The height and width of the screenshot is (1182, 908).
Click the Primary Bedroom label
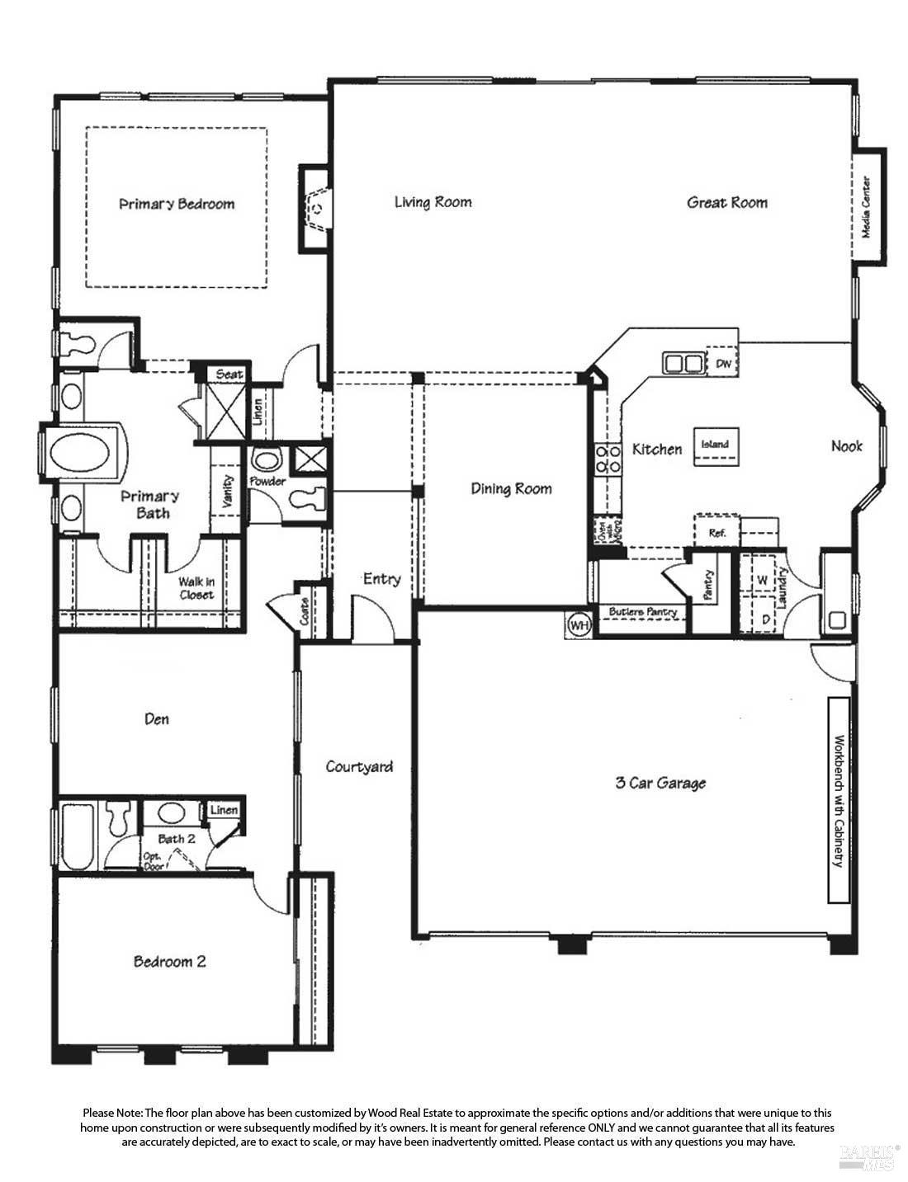pyautogui.click(x=177, y=204)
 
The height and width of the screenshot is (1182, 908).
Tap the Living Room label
pyautogui.click(x=433, y=202)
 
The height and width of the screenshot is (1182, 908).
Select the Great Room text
pyautogui.click(x=727, y=202)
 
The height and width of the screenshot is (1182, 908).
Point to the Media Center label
pyautogui.click(x=867, y=206)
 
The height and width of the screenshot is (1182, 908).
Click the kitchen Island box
pyautogui.click(x=716, y=445)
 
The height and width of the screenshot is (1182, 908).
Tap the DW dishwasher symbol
pyautogui.click(x=724, y=364)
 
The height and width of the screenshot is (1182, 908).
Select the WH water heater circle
pyautogui.click(x=579, y=625)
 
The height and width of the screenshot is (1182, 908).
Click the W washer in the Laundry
pyautogui.click(x=763, y=580)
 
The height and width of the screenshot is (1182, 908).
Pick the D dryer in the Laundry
pyautogui.click(x=765, y=618)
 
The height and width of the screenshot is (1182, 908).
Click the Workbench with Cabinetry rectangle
pyautogui.click(x=839, y=800)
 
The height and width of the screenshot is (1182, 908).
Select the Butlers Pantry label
pyautogui.click(x=642, y=612)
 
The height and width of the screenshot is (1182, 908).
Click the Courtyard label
pyautogui.click(x=359, y=766)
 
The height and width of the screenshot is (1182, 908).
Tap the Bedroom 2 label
pyautogui.click(x=170, y=962)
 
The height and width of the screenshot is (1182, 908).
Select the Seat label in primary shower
pyautogui.click(x=229, y=374)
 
